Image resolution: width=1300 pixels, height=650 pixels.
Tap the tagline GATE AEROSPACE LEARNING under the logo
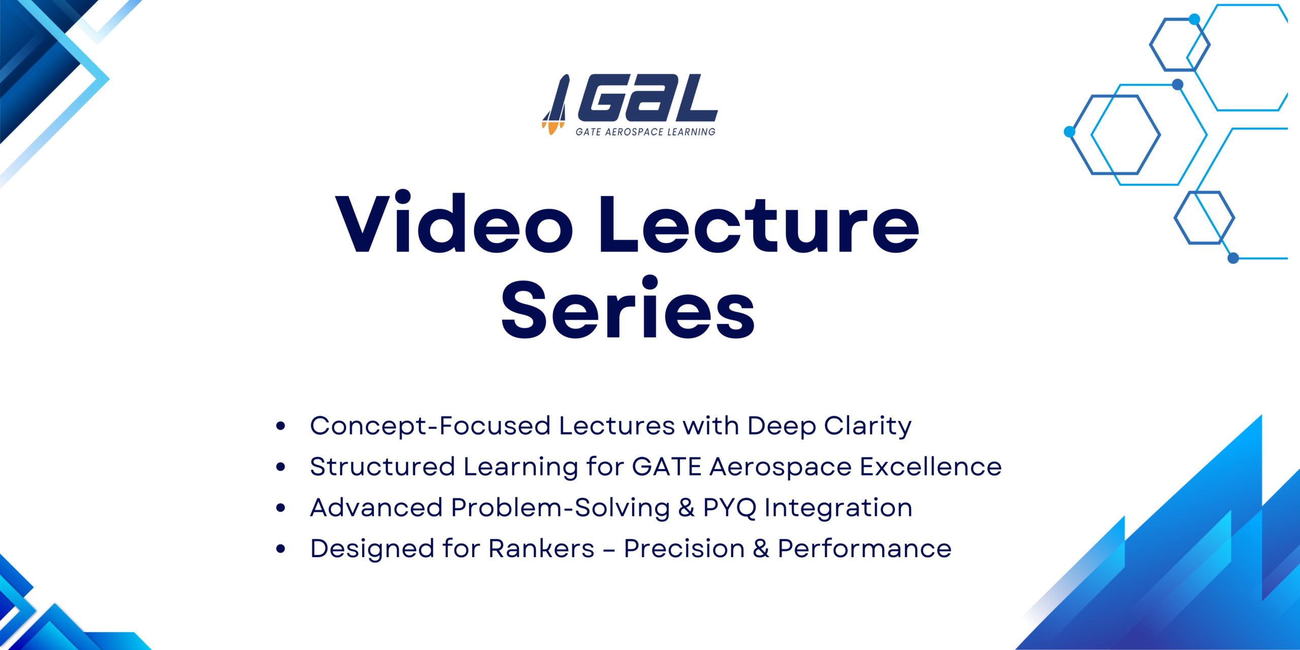point(645,132)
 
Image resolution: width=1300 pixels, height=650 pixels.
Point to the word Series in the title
point(628,307)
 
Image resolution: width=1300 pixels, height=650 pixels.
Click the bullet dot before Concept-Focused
point(281,426)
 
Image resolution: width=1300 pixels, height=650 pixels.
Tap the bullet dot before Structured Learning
point(281,467)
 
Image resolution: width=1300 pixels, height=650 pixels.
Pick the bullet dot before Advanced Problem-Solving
point(281,508)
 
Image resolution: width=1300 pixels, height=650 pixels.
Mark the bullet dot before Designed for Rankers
point(281,548)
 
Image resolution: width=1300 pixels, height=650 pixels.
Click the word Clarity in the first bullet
point(868,427)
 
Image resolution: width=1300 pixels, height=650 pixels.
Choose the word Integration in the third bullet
point(838,508)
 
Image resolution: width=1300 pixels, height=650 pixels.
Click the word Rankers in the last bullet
point(541,548)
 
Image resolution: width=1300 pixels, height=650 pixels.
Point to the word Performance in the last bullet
point(865,548)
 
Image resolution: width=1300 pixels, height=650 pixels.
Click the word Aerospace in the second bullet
point(781,468)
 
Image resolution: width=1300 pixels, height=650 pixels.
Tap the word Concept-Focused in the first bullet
point(430,427)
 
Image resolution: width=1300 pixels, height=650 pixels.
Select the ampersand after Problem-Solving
point(686,508)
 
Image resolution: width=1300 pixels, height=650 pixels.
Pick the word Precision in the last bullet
point(684,548)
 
